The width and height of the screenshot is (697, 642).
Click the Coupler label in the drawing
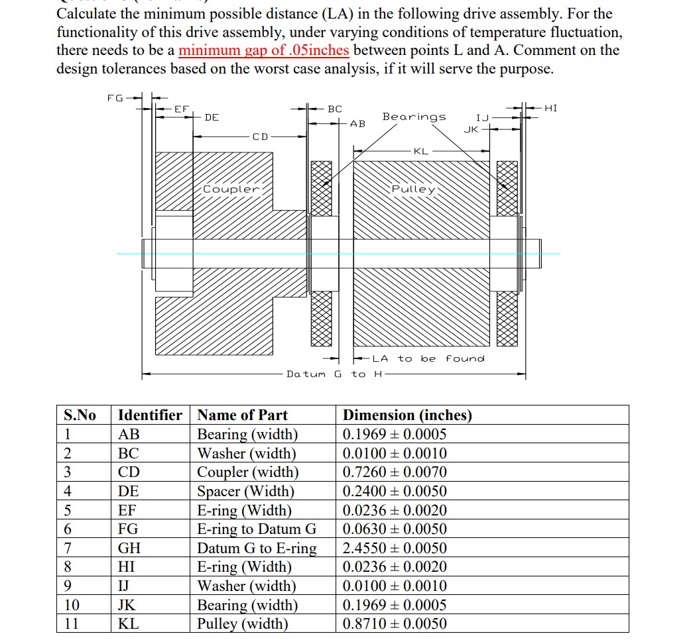[231, 189]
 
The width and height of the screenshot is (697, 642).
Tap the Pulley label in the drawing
[413, 189]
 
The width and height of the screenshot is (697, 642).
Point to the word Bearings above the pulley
[414, 117]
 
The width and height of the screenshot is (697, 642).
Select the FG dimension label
[115, 98]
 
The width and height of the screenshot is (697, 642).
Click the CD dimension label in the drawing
[260, 137]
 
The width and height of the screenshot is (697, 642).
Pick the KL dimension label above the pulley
[421, 151]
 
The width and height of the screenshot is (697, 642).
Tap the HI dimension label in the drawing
[551, 107]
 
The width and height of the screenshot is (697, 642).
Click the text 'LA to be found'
[428, 358]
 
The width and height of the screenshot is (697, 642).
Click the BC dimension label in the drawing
[335, 108]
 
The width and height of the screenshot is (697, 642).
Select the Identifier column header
[150, 415]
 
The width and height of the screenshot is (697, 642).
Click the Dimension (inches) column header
[407, 415]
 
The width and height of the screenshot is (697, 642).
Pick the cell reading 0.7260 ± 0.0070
[395, 472]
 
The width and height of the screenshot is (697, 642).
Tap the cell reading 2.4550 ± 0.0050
[395, 549]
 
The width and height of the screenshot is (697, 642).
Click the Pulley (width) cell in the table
[243, 624]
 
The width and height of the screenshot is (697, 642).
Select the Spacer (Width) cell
[246, 492]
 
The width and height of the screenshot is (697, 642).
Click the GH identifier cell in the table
[129, 549]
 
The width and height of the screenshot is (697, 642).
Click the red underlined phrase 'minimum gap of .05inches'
[264, 50]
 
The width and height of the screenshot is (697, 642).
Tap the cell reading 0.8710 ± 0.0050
[395, 624]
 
